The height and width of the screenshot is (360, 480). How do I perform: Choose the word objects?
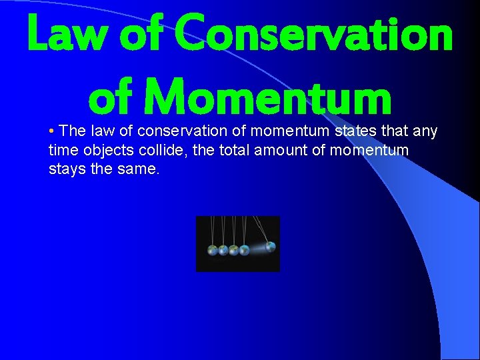[x=105, y=151]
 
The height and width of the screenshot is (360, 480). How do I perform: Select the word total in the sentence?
[x=235, y=151]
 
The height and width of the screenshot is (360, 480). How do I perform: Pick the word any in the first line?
[x=425, y=131]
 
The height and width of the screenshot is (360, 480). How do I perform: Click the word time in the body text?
[x=62, y=151]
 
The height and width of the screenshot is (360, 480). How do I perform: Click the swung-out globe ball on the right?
[x=270, y=247]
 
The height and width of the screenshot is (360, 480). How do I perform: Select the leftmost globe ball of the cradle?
[x=213, y=251]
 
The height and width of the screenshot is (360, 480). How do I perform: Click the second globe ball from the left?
[x=223, y=251]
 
